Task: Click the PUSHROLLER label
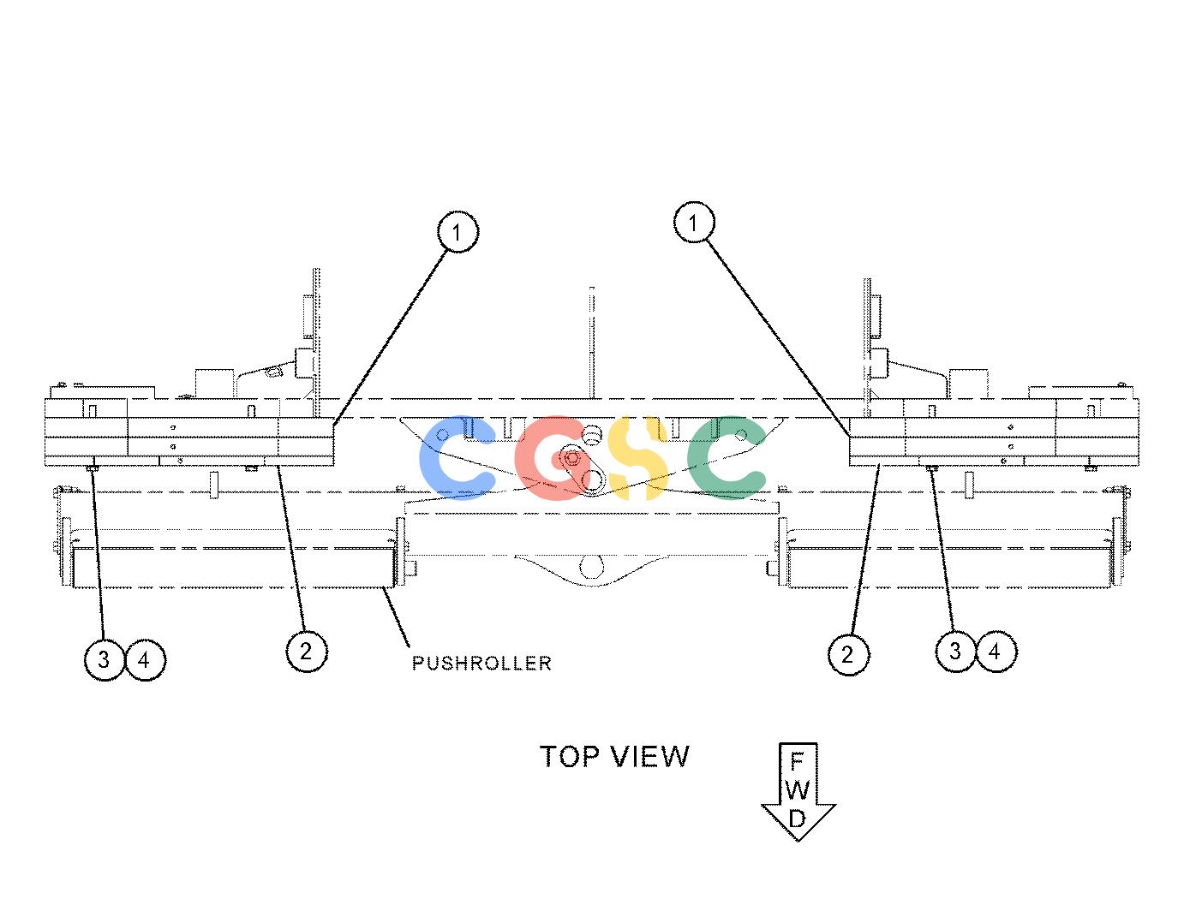[481, 664]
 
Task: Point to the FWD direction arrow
[798, 792]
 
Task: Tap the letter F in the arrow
[798, 761]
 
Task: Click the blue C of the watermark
[457, 457]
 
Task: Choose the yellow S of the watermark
[637, 457]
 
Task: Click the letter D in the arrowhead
[798, 819]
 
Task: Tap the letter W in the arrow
[798, 790]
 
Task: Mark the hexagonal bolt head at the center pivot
[571, 459]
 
